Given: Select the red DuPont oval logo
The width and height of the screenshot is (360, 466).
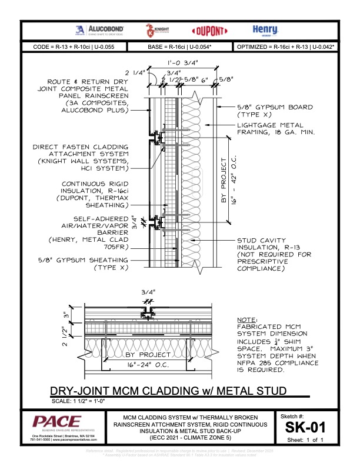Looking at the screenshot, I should [x=206, y=31].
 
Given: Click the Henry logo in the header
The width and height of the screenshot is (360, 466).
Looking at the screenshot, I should [x=261, y=30].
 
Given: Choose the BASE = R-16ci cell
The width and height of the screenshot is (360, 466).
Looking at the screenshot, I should [x=180, y=45].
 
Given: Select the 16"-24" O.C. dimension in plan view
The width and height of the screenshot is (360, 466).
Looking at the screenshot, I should [x=144, y=364].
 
